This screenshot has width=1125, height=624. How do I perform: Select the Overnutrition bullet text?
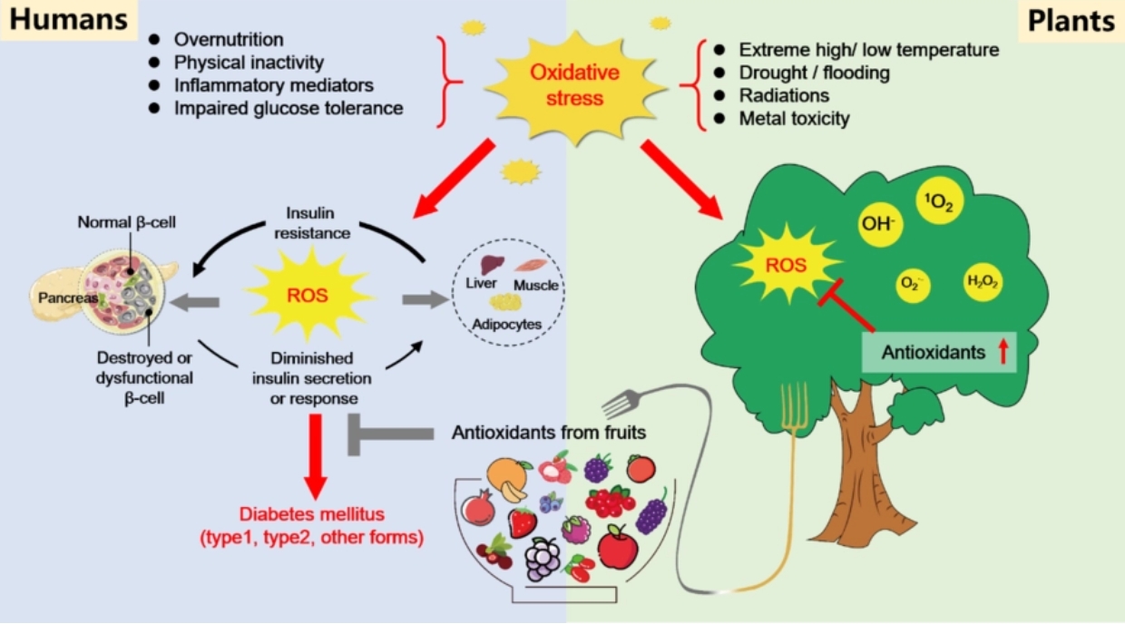[228, 40]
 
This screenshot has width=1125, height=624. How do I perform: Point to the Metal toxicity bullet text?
[794, 118]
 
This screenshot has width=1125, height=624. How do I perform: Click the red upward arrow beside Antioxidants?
[1003, 353]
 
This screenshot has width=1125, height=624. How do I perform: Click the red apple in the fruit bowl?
[618, 548]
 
